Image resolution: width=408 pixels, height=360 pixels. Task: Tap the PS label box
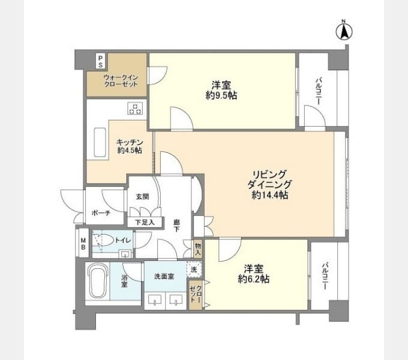coord(101,61)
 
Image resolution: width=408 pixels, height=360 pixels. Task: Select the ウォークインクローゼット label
coord(121,81)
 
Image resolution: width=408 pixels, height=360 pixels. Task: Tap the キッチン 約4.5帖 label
coord(130,146)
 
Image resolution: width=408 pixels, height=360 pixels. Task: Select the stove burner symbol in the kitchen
coord(136,109)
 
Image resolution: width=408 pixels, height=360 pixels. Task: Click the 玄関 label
coord(142,196)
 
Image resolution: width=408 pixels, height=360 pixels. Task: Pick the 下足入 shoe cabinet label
coord(145,222)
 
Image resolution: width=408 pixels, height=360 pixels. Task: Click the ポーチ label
coord(100,213)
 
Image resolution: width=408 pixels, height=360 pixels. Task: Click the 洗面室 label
coord(163,277)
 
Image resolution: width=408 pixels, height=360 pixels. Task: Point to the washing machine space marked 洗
coord(193,270)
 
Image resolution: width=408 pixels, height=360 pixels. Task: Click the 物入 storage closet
coord(198,248)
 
